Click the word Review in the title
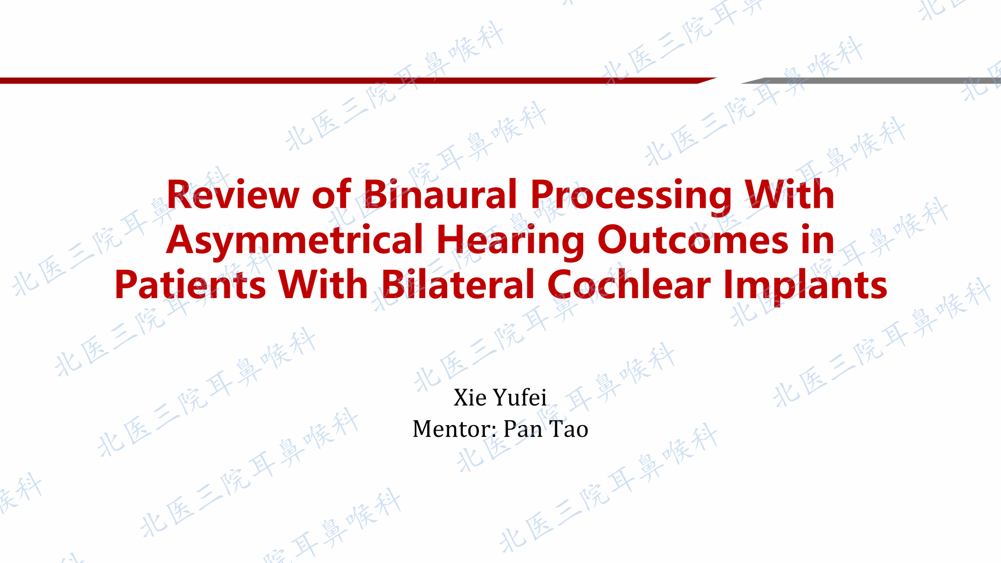233,195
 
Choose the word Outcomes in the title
693,240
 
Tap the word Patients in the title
190,285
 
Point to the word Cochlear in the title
629,284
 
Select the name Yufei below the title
520,398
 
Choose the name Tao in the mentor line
568,429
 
